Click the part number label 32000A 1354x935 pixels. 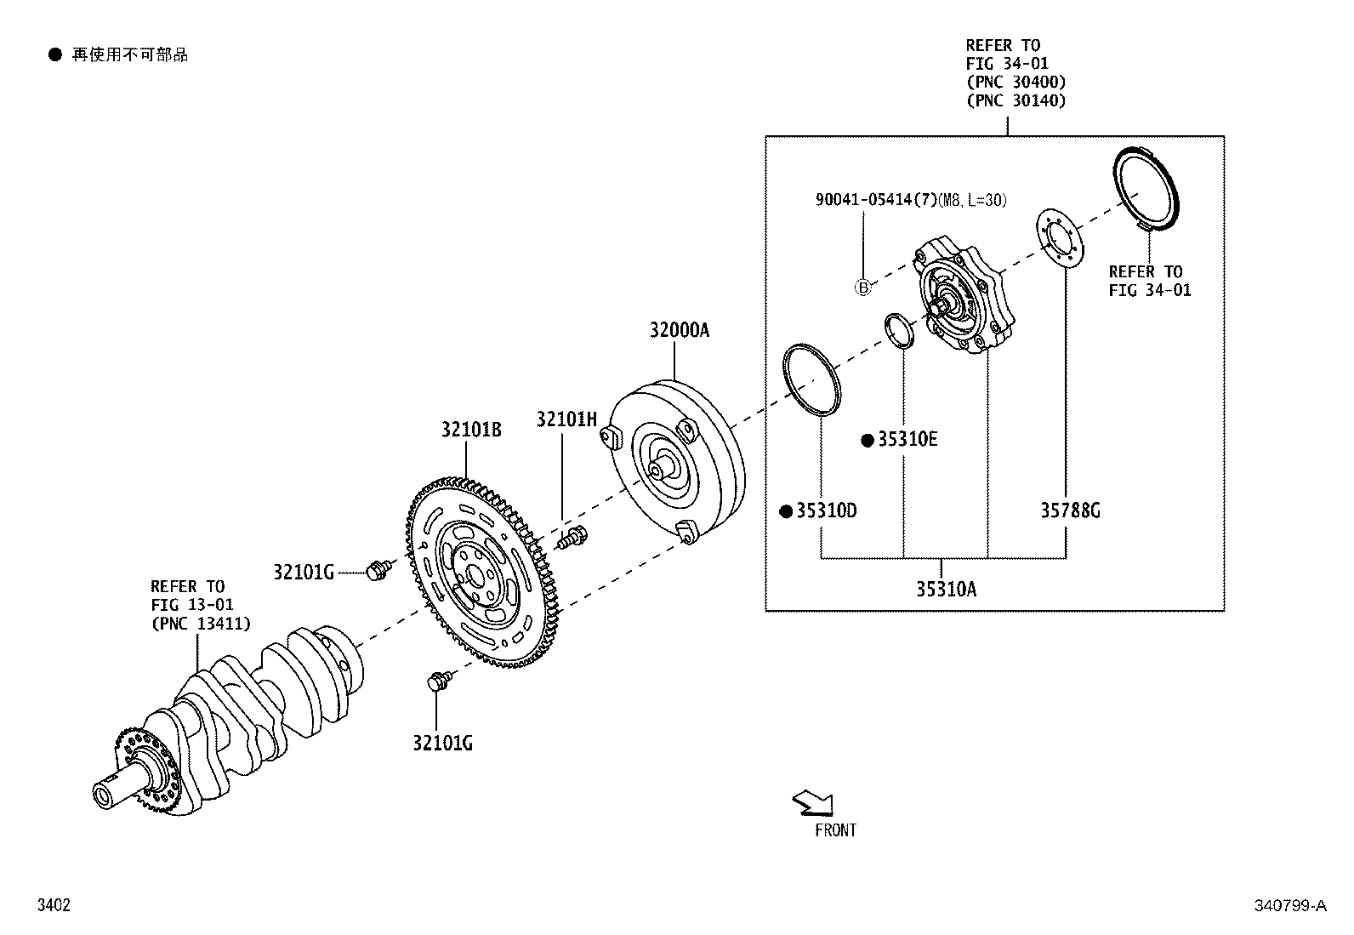(x=679, y=330)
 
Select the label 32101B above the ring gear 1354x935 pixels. (x=470, y=430)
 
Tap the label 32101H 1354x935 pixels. (x=566, y=419)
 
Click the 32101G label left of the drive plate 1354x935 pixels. (x=304, y=572)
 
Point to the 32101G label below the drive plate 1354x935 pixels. (x=442, y=744)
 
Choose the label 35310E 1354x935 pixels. (x=907, y=440)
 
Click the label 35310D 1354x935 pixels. (x=826, y=511)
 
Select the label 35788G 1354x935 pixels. (x=1070, y=511)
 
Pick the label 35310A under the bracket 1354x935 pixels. (x=946, y=589)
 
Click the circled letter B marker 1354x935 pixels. (x=862, y=288)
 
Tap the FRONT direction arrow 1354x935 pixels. (x=813, y=802)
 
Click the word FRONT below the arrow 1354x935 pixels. (x=835, y=830)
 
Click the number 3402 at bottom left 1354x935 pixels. (x=53, y=906)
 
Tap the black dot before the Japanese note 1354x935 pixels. (x=55, y=55)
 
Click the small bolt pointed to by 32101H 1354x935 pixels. (x=572, y=538)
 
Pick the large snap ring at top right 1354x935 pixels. (x=1146, y=190)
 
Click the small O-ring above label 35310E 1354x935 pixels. (x=899, y=330)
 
